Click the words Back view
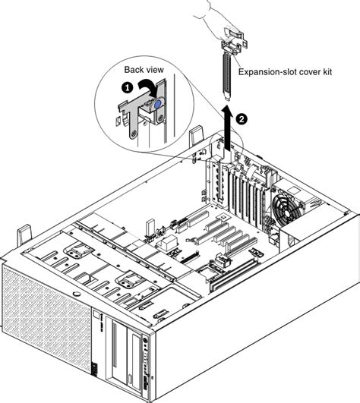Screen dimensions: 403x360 (x=144, y=69)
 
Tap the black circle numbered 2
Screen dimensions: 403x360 (x=242, y=118)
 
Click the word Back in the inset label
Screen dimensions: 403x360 (x=134, y=69)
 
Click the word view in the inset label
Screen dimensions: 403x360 (x=155, y=69)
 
